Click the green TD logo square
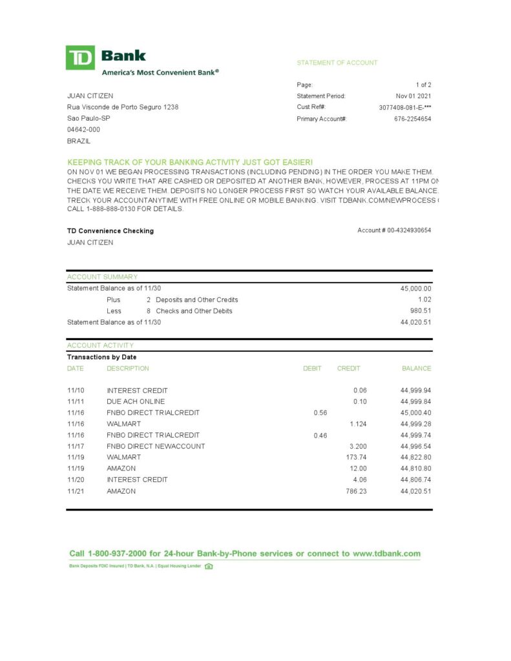point(80,57)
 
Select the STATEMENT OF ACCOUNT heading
point(337,63)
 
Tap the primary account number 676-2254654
point(413,119)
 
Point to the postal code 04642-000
point(83,129)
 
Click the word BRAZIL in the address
point(79,141)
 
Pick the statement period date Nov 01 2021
point(413,96)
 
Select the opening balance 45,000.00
point(415,289)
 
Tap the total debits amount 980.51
point(420,311)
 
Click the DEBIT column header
point(312,369)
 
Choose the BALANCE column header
point(416,369)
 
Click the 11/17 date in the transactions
point(76,446)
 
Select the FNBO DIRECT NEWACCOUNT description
point(156,446)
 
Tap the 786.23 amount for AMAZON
point(356,491)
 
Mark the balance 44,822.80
point(415,457)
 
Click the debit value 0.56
point(320,412)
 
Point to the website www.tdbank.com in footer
point(386,553)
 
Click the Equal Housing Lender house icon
point(209,566)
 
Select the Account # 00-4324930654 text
point(394,230)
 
